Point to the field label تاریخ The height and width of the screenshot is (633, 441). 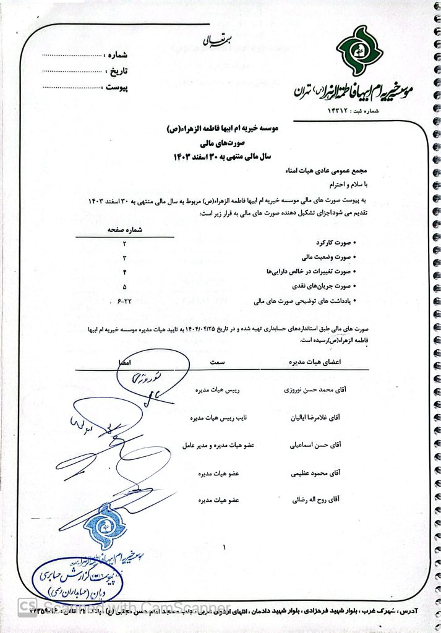coord(118,70)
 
